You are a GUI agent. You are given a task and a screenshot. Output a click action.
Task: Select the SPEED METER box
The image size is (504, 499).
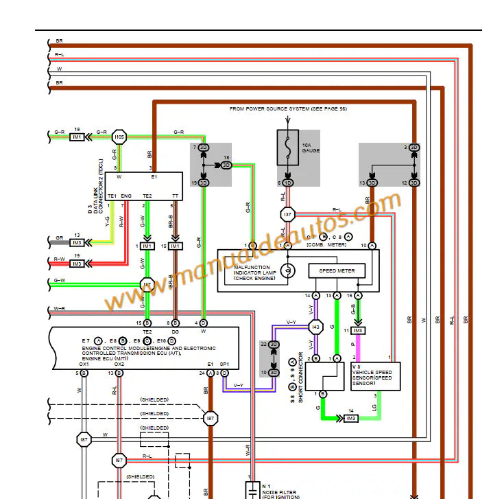[x=337, y=271]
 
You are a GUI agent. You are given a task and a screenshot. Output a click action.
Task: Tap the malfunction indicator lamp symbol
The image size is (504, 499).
[x=289, y=270]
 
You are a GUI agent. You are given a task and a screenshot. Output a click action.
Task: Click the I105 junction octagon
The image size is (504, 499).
[x=119, y=137]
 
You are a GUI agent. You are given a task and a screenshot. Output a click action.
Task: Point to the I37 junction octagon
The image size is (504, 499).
[x=288, y=215]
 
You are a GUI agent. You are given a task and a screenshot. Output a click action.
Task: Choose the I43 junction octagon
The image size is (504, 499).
[x=315, y=327]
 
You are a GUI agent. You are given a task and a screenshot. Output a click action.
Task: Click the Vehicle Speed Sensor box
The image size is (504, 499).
[x=375, y=376]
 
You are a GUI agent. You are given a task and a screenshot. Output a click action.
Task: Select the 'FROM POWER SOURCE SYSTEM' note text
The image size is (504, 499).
[x=287, y=109]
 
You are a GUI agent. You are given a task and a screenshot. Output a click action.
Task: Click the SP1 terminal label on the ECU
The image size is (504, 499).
[x=224, y=364]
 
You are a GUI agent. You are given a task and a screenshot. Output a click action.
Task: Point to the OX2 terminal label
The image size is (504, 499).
[x=119, y=364]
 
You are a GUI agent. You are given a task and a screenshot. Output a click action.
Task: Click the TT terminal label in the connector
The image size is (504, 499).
[x=176, y=196]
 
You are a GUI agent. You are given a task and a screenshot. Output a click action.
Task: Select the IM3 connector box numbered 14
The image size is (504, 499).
[x=351, y=418]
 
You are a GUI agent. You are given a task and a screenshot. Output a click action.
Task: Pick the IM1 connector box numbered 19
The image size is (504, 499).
[x=77, y=137]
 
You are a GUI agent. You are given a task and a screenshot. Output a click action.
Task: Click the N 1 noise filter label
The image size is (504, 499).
[x=266, y=486]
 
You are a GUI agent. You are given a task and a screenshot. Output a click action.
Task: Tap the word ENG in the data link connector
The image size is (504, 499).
[x=125, y=196]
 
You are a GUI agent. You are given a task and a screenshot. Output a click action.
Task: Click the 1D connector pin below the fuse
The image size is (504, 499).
[x=288, y=183]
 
